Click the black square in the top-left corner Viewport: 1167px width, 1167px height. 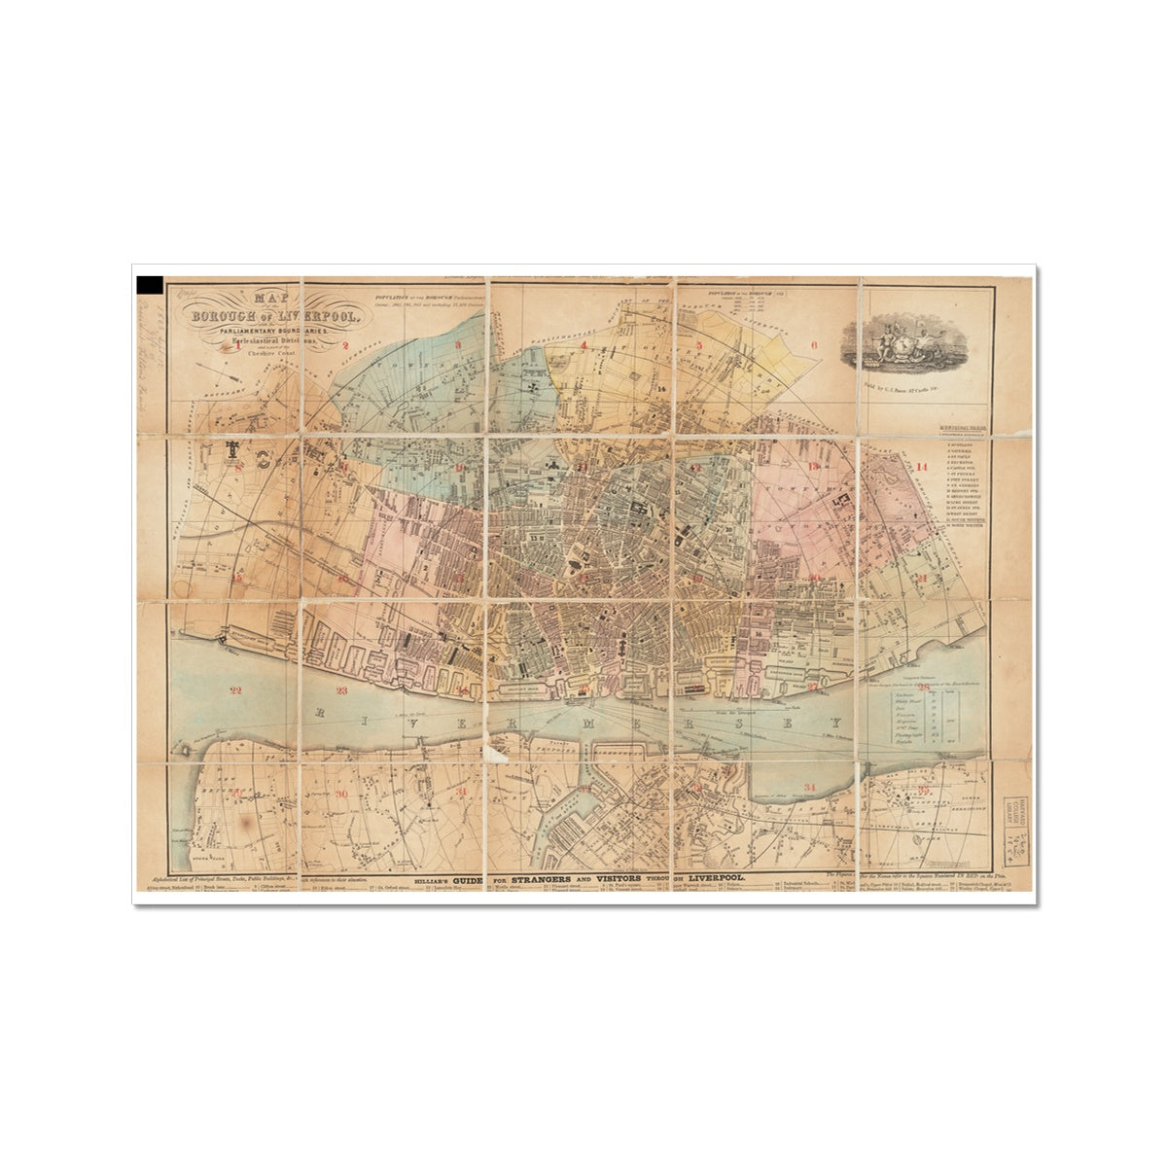click(x=150, y=284)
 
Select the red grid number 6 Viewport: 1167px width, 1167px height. click(x=814, y=344)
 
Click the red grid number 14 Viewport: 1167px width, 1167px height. click(x=922, y=468)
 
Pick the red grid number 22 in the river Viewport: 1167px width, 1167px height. click(x=233, y=690)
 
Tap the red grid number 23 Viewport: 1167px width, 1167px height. click(x=341, y=691)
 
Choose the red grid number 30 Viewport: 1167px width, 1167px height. click(x=339, y=795)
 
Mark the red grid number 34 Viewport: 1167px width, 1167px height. click(x=810, y=786)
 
